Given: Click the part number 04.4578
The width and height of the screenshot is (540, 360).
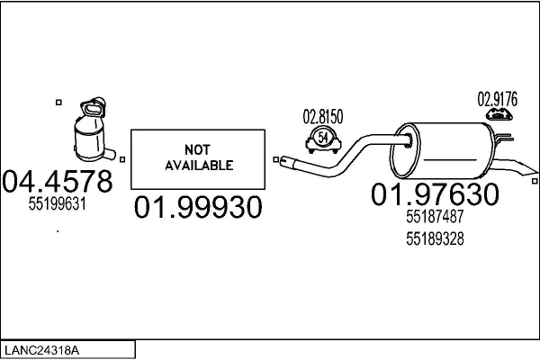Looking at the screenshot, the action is [58, 181].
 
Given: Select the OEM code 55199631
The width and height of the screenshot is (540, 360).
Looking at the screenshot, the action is [58, 204].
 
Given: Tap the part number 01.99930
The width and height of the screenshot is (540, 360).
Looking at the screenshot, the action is [198, 207].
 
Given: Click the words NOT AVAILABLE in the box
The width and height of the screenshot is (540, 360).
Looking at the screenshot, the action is [199, 157].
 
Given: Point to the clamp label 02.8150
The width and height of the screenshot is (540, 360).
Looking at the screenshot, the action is [323, 116].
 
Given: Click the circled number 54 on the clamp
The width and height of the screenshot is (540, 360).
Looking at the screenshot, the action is [323, 138].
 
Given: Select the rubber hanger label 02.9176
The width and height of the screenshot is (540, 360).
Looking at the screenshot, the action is [498, 99].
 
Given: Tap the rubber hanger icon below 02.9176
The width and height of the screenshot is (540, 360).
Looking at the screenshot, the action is [499, 114].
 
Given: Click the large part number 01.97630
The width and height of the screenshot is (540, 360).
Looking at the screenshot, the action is [435, 194].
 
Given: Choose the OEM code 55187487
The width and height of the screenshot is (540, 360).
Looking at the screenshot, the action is [435, 216].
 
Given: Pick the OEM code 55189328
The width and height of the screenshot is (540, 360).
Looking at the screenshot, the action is [435, 238].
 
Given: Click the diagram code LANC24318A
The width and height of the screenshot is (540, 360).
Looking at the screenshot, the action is [41, 350].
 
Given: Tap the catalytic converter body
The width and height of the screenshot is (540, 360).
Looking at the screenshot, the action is [89, 139].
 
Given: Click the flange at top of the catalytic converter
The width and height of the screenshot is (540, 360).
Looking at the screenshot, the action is [93, 107].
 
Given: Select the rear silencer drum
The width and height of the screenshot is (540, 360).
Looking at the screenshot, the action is [443, 150].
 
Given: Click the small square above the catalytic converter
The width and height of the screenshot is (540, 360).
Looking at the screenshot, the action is [58, 103].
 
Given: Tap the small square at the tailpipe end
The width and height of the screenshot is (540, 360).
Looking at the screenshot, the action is [535, 181].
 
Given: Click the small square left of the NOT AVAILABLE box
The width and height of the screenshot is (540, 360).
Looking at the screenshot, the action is [122, 159].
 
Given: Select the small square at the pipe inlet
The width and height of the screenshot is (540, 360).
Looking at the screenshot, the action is [276, 159].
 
